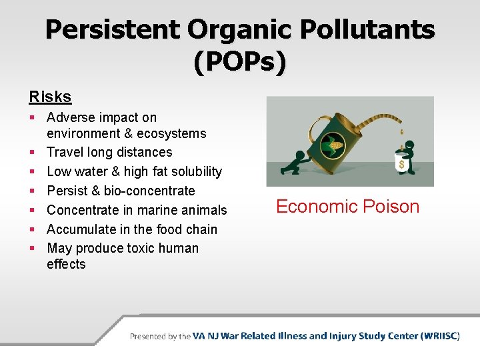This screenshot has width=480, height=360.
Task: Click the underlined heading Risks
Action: click(x=50, y=97)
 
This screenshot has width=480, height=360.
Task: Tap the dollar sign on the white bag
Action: click(x=401, y=164)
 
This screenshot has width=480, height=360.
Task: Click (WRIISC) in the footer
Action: click(x=440, y=336)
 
